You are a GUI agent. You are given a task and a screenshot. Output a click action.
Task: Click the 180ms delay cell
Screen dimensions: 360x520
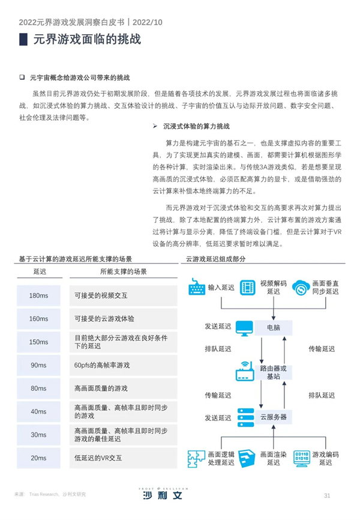coord(38,295)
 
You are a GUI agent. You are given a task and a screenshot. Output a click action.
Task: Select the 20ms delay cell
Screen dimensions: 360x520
coord(38,458)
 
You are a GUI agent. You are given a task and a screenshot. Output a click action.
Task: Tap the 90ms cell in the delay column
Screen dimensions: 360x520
coord(38,365)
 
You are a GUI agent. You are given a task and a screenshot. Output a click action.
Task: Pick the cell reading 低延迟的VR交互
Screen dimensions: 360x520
coord(124,458)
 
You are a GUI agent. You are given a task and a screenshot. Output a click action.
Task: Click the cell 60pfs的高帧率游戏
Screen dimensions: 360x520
coord(124,365)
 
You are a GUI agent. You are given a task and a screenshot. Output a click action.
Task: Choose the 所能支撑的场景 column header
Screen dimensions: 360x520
coord(124,271)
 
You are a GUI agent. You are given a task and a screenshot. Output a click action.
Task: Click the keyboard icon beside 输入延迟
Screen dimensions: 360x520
coord(197,287)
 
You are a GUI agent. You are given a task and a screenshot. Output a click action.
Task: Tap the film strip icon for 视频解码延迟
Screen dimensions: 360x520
coord(248,287)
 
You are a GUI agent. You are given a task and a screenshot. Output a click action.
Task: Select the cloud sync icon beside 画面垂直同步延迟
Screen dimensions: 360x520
coord(301,288)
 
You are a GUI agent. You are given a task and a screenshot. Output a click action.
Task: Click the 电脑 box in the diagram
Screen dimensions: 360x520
coord(274,328)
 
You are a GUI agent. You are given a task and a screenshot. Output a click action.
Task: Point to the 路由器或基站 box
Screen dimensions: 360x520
coord(274,372)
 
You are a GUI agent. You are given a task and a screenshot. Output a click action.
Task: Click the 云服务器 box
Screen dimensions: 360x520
coord(274,417)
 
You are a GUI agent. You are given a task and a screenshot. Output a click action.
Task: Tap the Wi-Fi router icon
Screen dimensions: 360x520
coord(245,371)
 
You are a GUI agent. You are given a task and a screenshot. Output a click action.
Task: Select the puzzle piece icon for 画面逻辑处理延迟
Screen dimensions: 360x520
coord(196,459)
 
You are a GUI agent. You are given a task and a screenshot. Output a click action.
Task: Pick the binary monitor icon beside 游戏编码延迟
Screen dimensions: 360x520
coord(301,459)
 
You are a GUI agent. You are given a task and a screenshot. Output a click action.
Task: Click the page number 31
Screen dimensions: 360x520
coord(327,496)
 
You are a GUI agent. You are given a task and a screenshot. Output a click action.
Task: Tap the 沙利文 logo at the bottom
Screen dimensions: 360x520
coord(163,494)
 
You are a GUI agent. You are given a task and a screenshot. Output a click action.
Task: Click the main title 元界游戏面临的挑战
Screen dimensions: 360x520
coord(87,39)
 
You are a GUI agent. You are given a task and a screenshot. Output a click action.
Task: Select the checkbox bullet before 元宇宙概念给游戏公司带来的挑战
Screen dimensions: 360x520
coord(22,77)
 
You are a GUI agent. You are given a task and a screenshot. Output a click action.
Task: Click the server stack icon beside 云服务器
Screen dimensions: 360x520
coord(245,417)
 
